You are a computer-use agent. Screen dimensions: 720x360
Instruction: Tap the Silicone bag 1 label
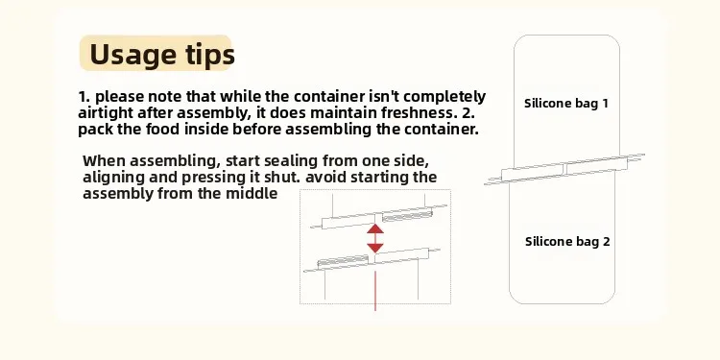566,104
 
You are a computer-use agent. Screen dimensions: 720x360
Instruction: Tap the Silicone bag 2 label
567,242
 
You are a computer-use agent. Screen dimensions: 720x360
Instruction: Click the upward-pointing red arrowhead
375,228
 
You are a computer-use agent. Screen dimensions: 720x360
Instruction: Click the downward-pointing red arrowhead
375,248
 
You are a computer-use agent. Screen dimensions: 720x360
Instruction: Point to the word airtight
106,113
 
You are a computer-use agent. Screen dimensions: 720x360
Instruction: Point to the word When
104,161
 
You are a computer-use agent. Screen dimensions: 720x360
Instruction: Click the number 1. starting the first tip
84,97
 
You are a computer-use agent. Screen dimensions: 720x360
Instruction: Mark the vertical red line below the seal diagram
375,291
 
